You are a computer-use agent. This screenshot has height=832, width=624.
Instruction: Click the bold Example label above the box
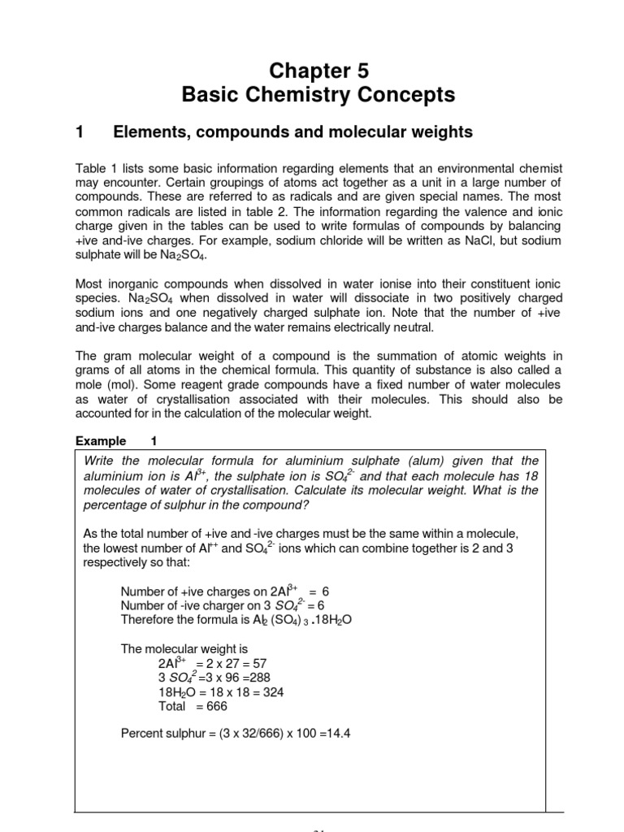coord(101,441)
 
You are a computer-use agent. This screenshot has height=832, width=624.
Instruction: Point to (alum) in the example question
coord(418,461)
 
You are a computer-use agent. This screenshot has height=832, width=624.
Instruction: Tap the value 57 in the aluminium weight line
coord(257,663)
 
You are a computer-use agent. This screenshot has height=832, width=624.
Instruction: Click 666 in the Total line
coord(216,707)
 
